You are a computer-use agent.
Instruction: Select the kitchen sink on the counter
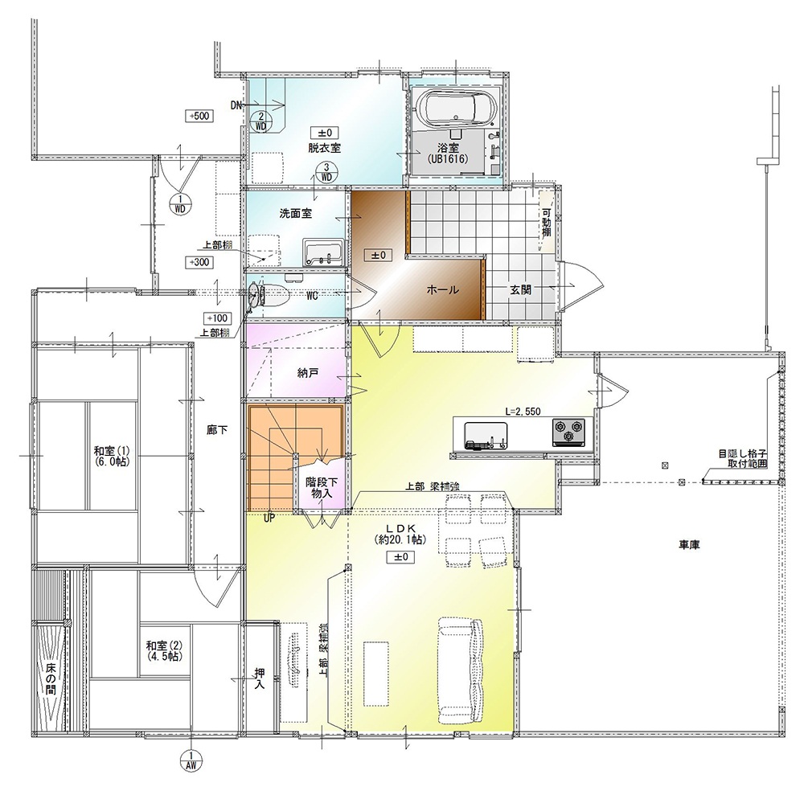[x=486, y=435]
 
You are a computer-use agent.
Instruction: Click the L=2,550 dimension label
[x=523, y=411]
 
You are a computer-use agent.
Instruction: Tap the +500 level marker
[x=199, y=116]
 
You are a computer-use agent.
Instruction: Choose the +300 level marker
[x=199, y=262]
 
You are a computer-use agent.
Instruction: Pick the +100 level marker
[x=217, y=318]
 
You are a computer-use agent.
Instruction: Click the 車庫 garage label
[x=689, y=545]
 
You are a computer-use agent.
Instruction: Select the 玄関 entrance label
[x=520, y=289]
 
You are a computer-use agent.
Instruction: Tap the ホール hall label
[x=442, y=289]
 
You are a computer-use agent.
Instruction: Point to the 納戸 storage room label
[x=308, y=373]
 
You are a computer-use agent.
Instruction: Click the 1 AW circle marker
[x=191, y=760]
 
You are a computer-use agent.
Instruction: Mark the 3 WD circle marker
[x=326, y=172]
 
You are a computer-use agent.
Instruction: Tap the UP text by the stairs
[x=269, y=518]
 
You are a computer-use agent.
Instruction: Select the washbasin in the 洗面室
[x=323, y=252]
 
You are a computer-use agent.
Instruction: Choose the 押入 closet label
[x=260, y=678]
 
